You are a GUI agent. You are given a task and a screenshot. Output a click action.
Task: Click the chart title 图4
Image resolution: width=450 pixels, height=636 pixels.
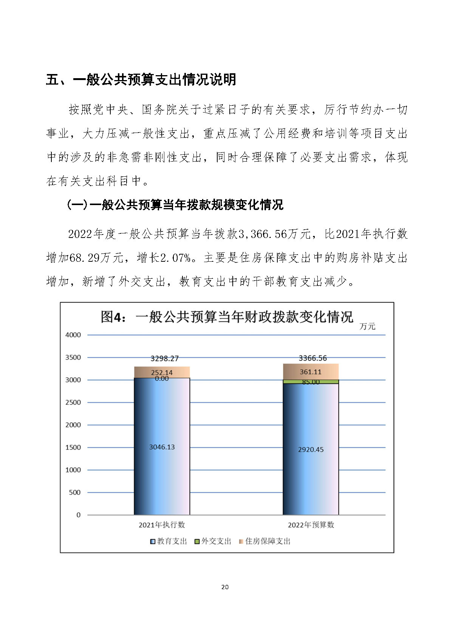click(x=227, y=316)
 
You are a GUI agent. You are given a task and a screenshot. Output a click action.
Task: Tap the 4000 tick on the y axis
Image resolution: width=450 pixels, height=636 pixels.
click(x=73, y=335)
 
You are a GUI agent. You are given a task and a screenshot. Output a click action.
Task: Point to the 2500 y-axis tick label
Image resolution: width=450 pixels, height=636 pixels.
click(x=73, y=402)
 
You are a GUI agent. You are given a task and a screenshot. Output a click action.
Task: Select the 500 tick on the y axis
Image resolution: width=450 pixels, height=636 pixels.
click(x=74, y=492)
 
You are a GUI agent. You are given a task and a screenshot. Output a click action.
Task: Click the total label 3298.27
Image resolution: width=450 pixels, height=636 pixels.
click(x=164, y=358)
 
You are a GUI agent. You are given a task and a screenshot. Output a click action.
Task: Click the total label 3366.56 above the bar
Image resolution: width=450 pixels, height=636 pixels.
click(x=312, y=358)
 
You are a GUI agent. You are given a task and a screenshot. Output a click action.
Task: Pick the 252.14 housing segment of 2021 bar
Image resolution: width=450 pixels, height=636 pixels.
click(x=162, y=372)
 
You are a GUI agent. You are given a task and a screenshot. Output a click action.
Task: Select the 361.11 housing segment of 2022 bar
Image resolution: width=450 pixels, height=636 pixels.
click(x=311, y=372)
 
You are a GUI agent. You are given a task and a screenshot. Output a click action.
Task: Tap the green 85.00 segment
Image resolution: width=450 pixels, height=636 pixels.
click(x=311, y=382)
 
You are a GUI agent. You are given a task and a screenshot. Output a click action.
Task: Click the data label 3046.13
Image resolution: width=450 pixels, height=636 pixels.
click(x=162, y=447)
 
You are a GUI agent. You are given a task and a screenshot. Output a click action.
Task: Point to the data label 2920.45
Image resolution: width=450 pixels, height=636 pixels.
click(x=311, y=449)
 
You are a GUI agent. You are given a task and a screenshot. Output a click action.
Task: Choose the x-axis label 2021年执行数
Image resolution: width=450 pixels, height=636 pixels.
click(x=162, y=525)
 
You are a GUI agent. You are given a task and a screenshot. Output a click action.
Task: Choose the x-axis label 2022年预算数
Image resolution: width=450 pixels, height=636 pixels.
click(x=311, y=525)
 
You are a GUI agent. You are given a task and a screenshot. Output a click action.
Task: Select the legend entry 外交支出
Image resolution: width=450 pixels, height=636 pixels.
click(x=213, y=541)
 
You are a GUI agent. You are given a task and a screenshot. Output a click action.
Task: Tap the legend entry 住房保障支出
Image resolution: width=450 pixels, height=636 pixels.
click(x=264, y=541)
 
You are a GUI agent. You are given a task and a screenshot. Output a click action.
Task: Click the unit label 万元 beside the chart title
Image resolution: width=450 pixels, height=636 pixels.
click(x=367, y=326)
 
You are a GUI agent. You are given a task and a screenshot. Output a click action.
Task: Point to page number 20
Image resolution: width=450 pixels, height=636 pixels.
click(x=225, y=587)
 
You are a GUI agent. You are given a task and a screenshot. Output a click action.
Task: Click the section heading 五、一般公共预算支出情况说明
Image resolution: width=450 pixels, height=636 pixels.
click(x=141, y=80)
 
